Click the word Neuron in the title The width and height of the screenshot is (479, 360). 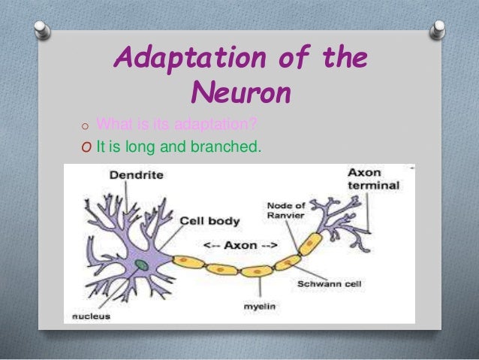pyautogui.click(x=239, y=93)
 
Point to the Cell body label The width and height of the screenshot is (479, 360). pyautogui.click(x=209, y=221)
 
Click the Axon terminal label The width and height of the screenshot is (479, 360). pyautogui.click(x=372, y=179)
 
